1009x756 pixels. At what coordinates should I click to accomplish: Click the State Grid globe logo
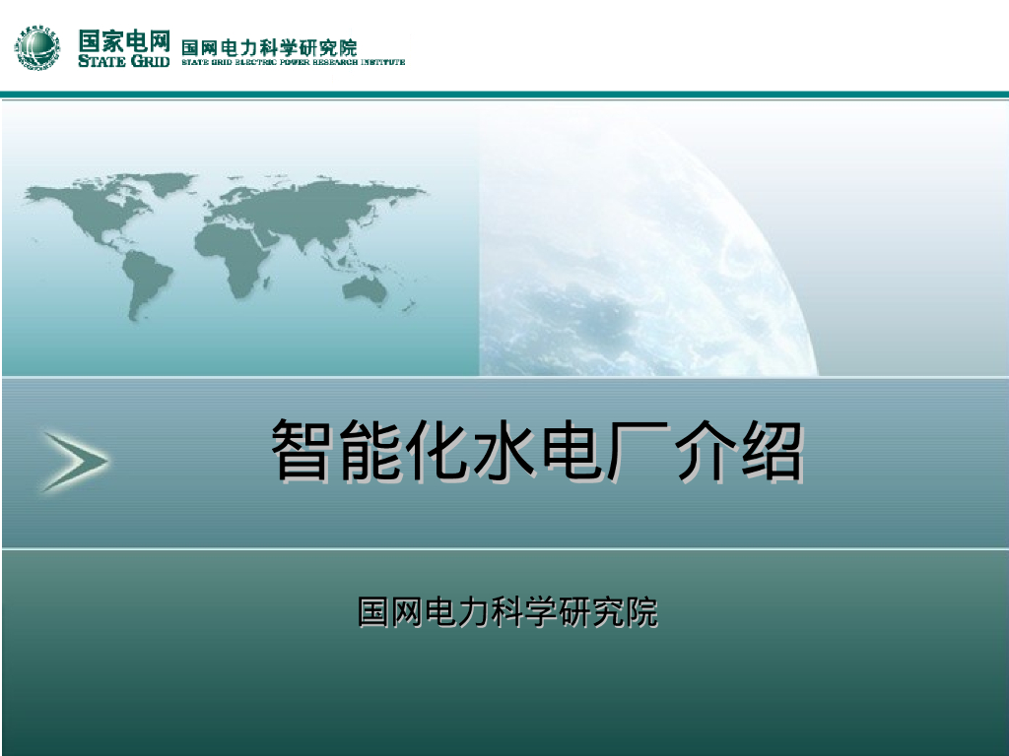[37, 48]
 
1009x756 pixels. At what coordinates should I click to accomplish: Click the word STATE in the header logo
[102, 61]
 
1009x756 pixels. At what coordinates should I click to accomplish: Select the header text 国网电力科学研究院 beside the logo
[269, 46]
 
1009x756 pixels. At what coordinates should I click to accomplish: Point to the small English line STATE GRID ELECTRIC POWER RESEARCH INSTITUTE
[293, 61]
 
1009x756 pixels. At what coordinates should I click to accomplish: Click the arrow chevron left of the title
[74, 460]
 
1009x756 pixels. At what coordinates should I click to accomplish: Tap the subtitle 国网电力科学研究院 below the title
[506, 611]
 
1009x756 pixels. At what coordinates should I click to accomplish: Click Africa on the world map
[236, 251]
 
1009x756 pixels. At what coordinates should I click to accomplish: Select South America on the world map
[145, 281]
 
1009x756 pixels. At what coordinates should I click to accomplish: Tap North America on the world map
[94, 212]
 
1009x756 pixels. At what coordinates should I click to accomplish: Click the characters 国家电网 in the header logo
[124, 40]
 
